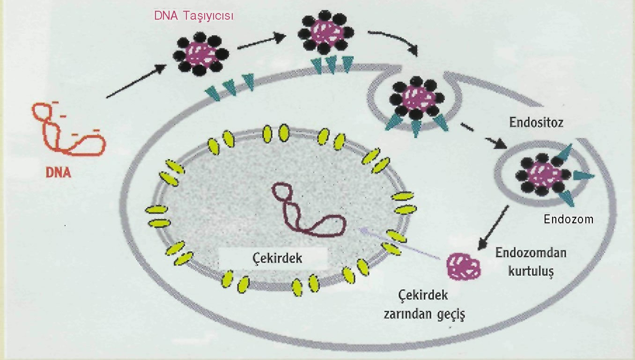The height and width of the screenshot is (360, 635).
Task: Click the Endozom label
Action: [568, 219]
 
